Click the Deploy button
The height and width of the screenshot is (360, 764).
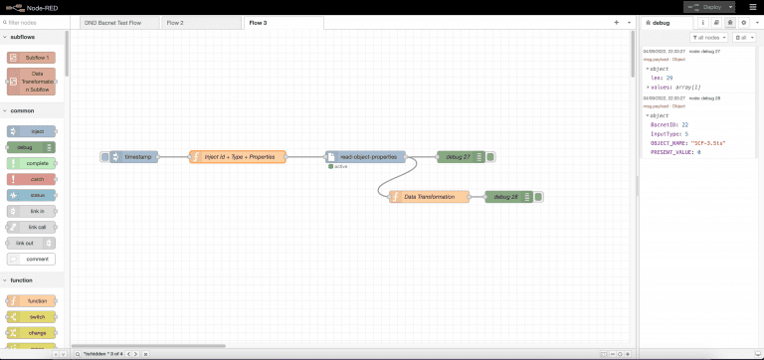pyautogui.click(x=720, y=6)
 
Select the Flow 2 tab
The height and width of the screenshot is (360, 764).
pyautogui.click(x=174, y=22)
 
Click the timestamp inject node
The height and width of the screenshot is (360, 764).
pyautogui.click(x=133, y=156)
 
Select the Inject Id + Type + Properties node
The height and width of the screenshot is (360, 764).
pyautogui.click(x=238, y=156)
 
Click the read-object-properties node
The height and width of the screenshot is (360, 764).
pyautogui.click(x=367, y=156)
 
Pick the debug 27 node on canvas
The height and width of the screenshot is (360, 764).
pyautogui.click(x=461, y=156)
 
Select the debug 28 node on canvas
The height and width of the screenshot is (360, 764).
pyautogui.click(x=508, y=196)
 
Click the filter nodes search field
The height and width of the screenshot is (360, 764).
pyautogui.click(x=35, y=22)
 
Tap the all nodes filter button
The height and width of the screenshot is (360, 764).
pyautogui.click(x=711, y=37)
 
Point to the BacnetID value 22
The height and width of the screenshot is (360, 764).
pyautogui.click(x=685, y=123)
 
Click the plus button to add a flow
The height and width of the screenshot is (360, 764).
pyautogui.click(x=616, y=22)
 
